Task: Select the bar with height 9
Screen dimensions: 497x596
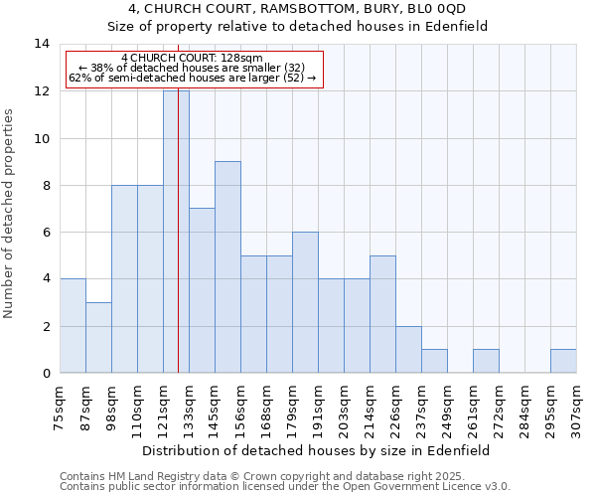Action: [x=227, y=267]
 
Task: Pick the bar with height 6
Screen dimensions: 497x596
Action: [x=305, y=302]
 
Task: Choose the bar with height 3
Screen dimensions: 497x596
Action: [x=98, y=338]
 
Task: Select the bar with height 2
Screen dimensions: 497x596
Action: [x=408, y=349]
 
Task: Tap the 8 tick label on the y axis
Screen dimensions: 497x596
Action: [x=45, y=185]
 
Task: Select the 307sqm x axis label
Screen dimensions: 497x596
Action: [x=576, y=408]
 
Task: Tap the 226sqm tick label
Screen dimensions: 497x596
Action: [x=395, y=408]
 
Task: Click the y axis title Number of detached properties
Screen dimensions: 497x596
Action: [x=10, y=215]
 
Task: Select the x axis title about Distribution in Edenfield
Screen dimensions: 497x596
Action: [x=318, y=450]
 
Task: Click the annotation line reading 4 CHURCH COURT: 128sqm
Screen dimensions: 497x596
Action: [x=193, y=59]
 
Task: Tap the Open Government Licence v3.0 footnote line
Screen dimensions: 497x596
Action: [x=285, y=486]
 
